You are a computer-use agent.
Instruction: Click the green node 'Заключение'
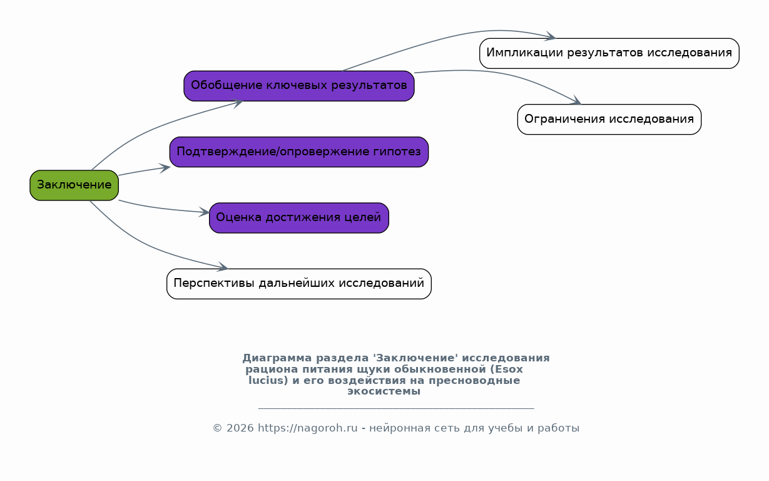[x=74, y=185]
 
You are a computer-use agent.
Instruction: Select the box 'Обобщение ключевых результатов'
[x=299, y=86]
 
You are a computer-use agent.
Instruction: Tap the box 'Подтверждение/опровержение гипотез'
[x=299, y=152]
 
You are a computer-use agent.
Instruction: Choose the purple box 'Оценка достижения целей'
[x=299, y=218]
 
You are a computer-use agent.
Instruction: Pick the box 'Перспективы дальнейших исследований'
[x=299, y=284]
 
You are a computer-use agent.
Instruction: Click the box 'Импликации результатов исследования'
[x=609, y=53]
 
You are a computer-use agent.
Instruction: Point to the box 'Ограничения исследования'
[x=609, y=119]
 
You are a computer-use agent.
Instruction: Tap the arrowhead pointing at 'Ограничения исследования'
[x=576, y=101]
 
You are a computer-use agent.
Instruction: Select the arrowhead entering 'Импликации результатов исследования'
[x=551, y=36]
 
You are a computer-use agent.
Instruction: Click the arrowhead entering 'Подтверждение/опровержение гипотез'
[x=165, y=168]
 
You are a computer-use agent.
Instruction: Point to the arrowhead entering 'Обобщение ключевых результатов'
[x=238, y=103]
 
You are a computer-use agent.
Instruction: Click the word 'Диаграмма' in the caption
[x=277, y=358]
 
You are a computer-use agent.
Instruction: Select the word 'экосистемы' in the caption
[x=384, y=391]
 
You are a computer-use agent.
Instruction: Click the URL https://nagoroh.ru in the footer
[x=308, y=428]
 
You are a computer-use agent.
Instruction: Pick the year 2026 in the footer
[x=240, y=428]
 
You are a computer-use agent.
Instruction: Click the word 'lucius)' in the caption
[x=268, y=380]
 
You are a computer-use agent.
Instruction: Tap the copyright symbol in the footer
[x=218, y=428]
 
